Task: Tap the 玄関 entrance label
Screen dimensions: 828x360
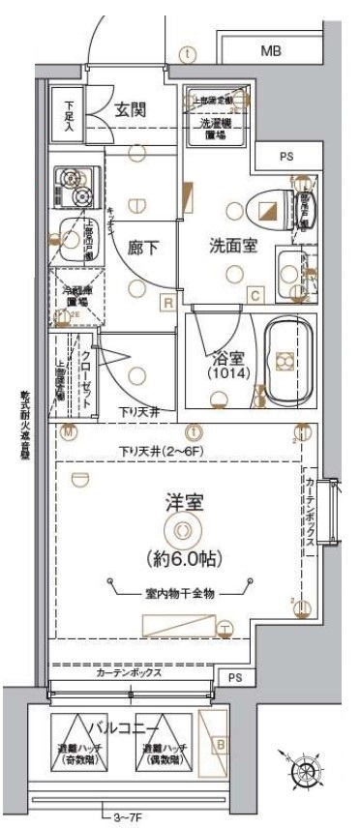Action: pyautogui.click(x=131, y=110)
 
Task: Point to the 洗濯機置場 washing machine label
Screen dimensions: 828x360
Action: pyautogui.click(x=217, y=130)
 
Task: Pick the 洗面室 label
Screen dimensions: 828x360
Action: pyautogui.click(x=233, y=245)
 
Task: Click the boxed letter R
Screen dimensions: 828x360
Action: pyautogui.click(x=168, y=303)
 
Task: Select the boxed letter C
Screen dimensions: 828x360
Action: pyautogui.click(x=255, y=296)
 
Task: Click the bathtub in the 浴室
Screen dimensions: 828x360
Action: pyautogui.click(x=288, y=361)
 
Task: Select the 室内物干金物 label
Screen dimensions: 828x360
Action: pyautogui.click(x=181, y=593)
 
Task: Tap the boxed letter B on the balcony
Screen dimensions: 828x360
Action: pyautogui.click(x=221, y=745)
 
